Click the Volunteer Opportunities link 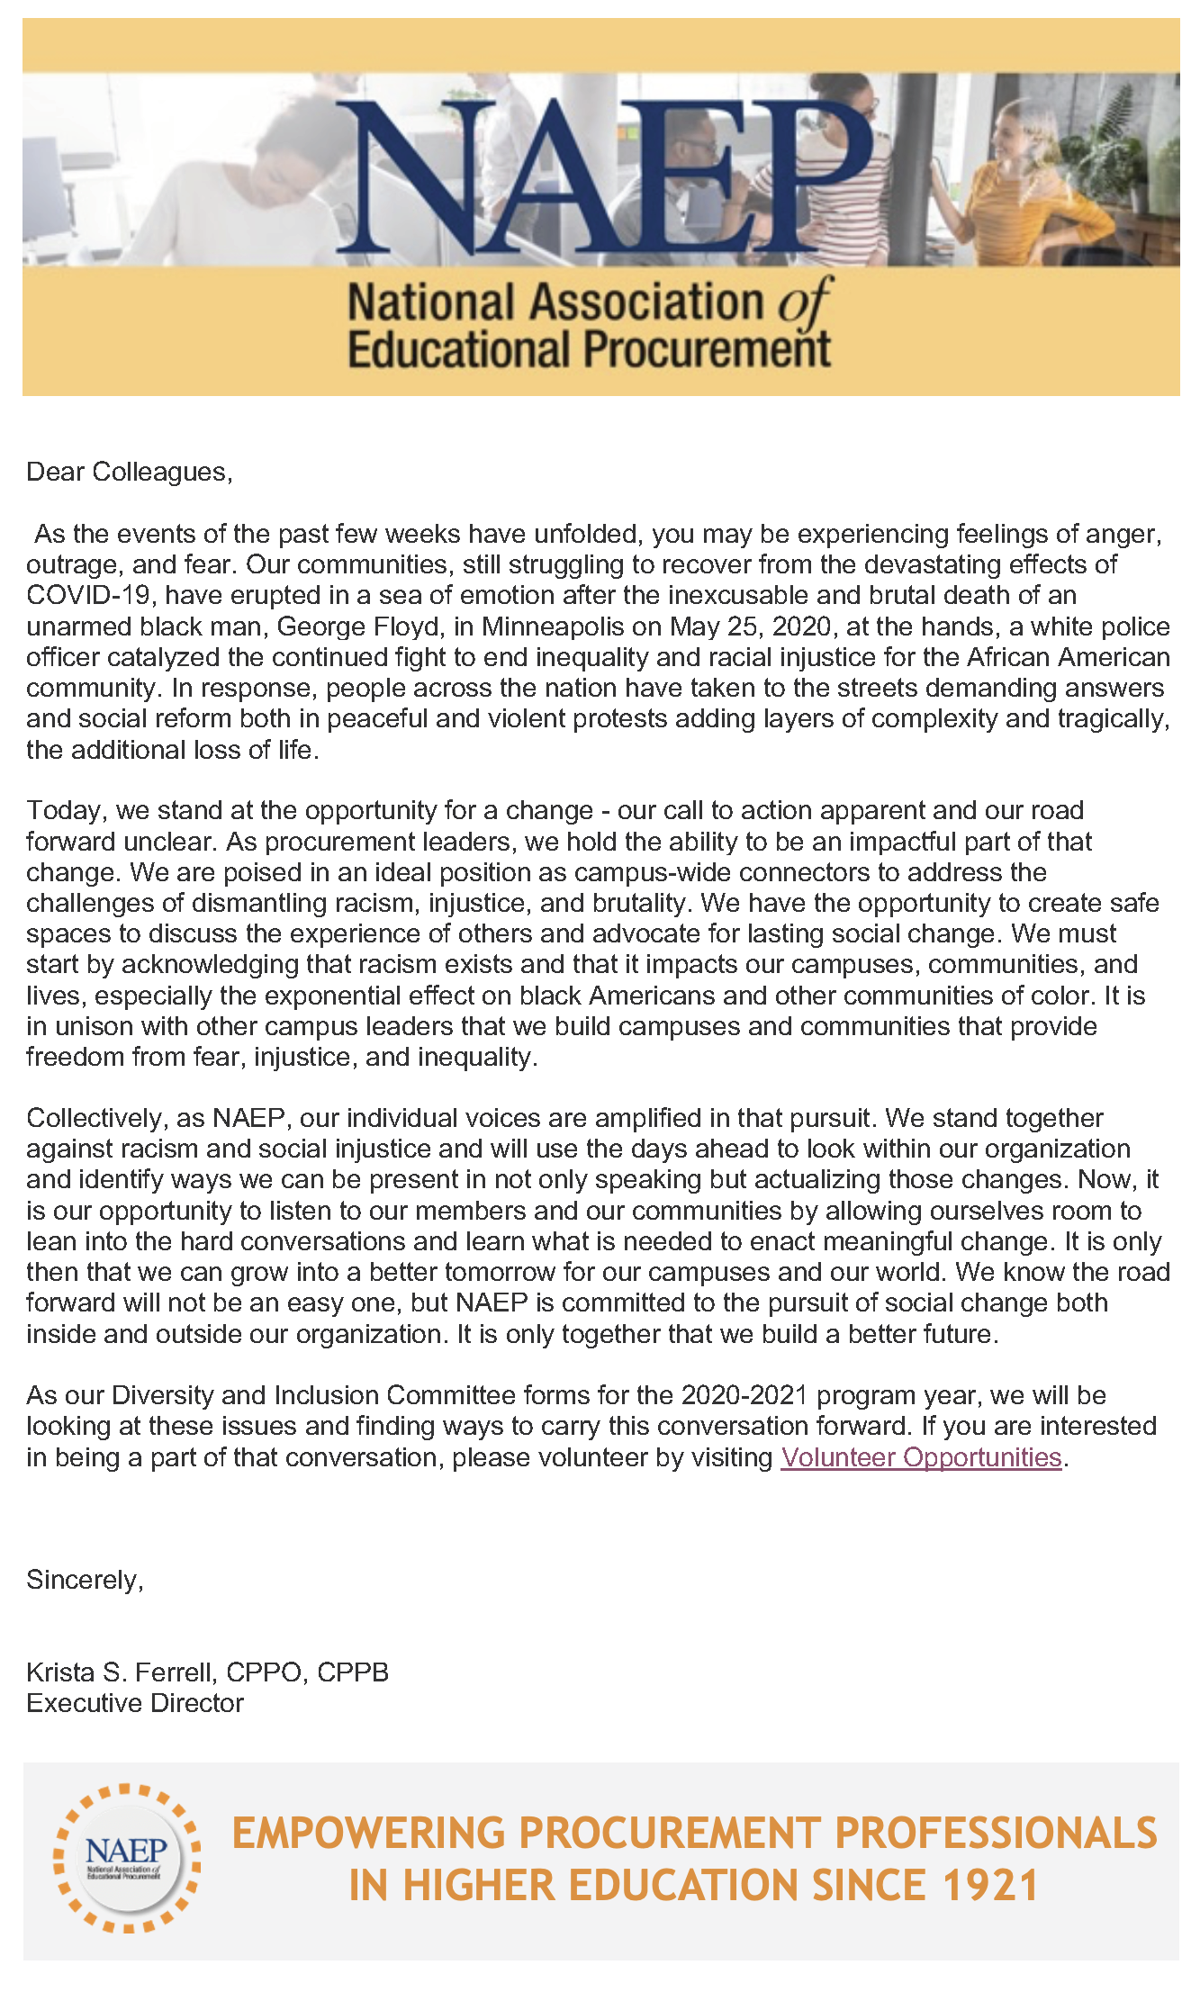point(921,1457)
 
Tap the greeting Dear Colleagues point(129,472)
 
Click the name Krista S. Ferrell point(121,1672)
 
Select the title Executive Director point(135,1703)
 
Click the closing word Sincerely point(85,1580)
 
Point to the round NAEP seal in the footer point(126,1859)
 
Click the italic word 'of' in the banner point(804,303)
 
